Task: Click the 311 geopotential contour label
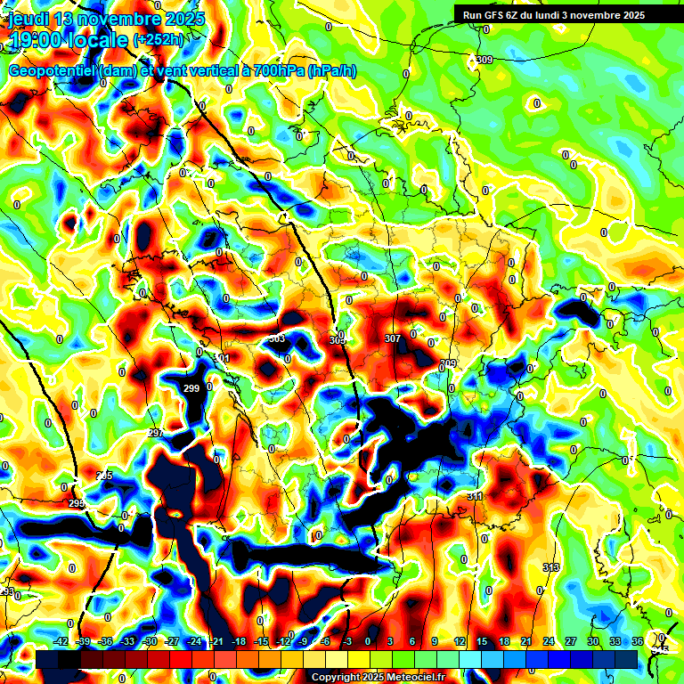pyautogui.click(x=474, y=496)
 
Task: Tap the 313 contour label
pyautogui.click(x=551, y=567)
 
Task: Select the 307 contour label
pyautogui.click(x=392, y=338)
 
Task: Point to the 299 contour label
pyautogui.click(x=191, y=388)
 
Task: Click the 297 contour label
pyautogui.click(x=156, y=433)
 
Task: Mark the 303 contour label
pyautogui.click(x=277, y=338)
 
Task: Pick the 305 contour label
pyautogui.click(x=337, y=340)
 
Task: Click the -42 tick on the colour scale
pyautogui.click(x=61, y=641)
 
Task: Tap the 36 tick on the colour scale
pyautogui.click(x=638, y=641)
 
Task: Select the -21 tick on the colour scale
pyautogui.click(x=216, y=641)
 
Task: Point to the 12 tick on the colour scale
pyautogui.click(x=460, y=641)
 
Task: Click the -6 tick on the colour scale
pyautogui.click(x=326, y=641)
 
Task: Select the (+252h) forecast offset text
pyautogui.click(x=159, y=40)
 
